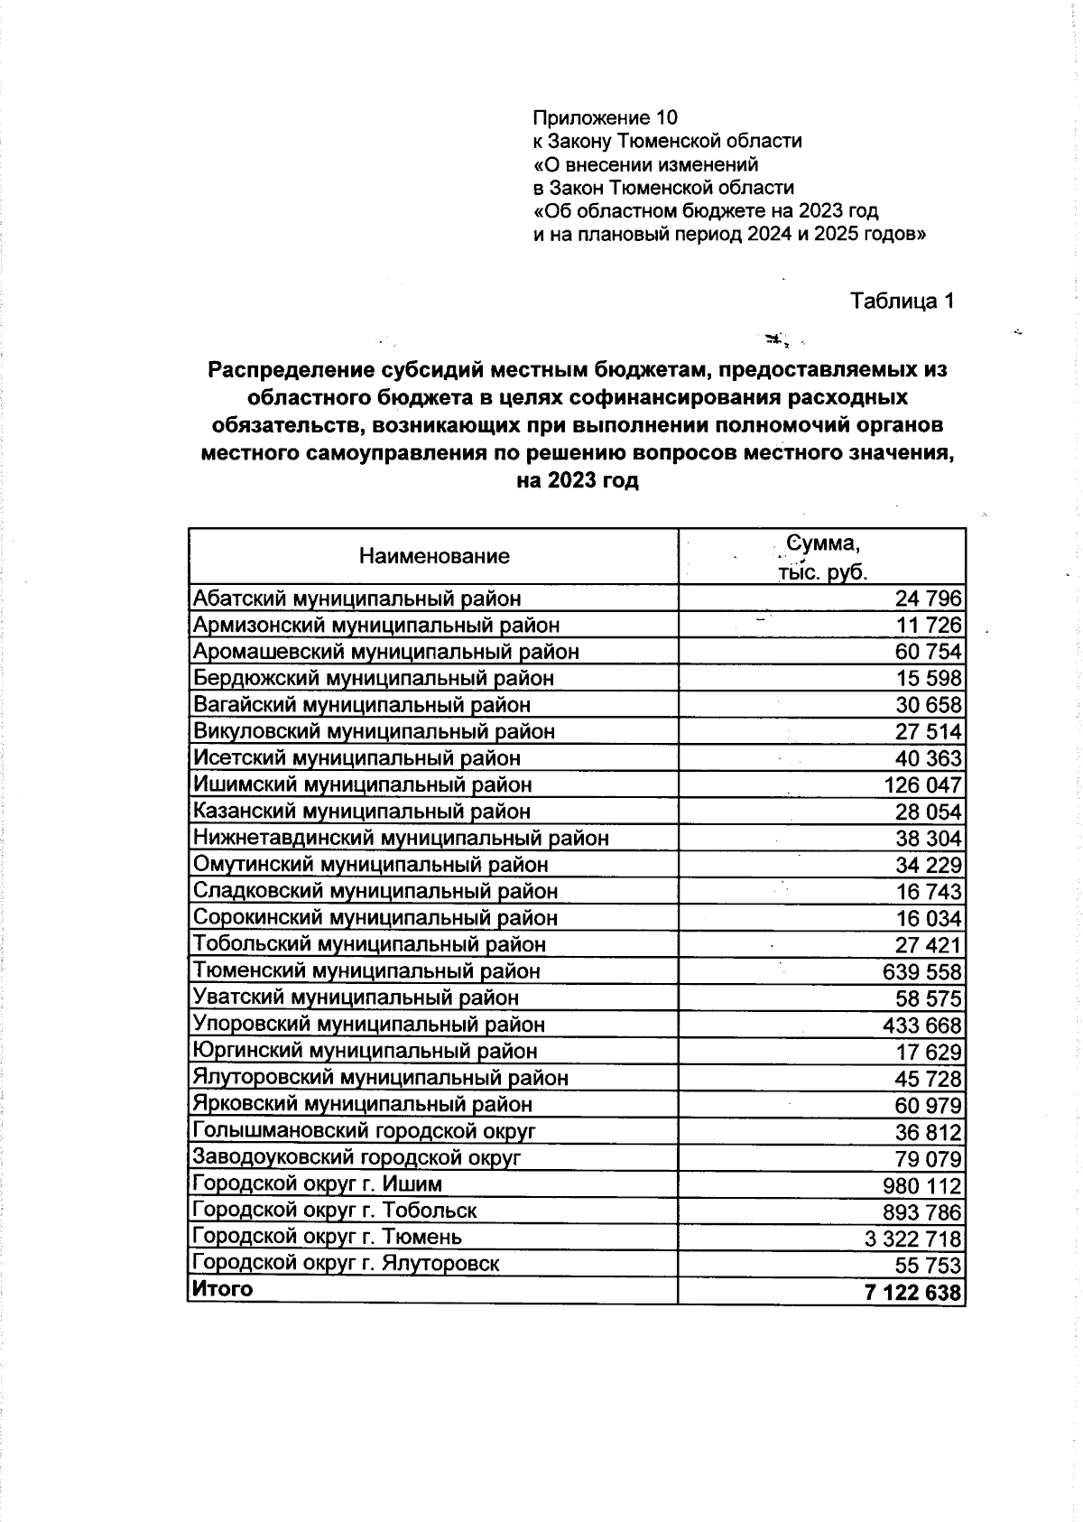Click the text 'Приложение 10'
click(605, 118)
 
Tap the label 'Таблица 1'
click(902, 302)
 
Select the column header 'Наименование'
click(434, 556)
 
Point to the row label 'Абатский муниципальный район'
click(357, 599)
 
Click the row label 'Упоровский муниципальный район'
click(369, 1025)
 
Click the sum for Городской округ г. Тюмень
click(913, 1239)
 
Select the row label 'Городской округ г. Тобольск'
click(335, 1211)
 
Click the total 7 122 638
click(912, 1293)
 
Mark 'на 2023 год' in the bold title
click(577, 481)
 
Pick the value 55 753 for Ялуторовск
click(928, 1266)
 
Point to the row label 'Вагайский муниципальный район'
click(362, 705)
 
